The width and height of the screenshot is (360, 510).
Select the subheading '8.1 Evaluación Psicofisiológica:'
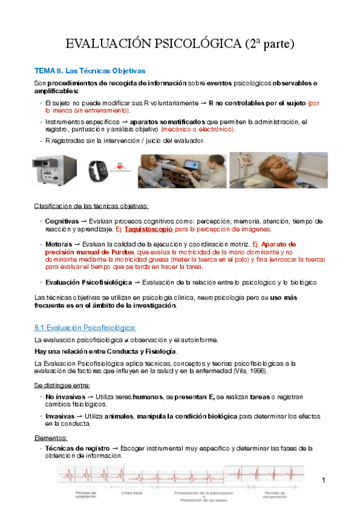85,327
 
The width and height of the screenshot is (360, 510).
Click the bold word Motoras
59,244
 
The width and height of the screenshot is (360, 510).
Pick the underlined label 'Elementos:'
51,438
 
